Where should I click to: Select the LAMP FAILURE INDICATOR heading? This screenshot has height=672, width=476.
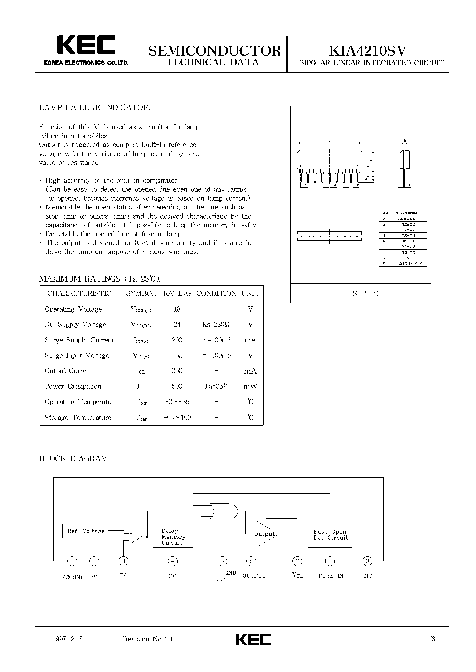pyautogui.click(x=95, y=108)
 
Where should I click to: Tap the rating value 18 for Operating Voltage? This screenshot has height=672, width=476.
pyautogui.click(x=177, y=309)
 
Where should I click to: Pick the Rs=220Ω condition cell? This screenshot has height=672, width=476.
pyautogui.click(x=216, y=325)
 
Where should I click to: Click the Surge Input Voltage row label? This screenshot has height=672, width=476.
pyautogui.click(x=77, y=356)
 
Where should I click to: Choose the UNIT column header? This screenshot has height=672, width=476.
pyautogui.click(x=250, y=293)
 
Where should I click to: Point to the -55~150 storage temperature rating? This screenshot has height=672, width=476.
pyautogui.click(x=177, y=417)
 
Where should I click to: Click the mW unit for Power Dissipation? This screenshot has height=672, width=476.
pyautogui.click(x=250, y=387)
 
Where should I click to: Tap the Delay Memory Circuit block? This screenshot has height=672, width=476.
pyautogui.click(x=173, y=537)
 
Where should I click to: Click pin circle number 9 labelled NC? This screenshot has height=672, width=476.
pyautogui.click(x=367, y=561)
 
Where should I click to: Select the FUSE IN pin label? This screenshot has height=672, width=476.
pyautogui.click(x=331, y=576)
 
